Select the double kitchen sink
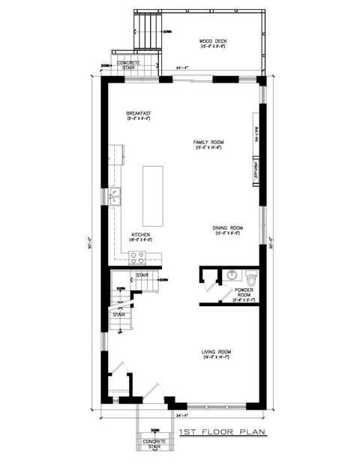coord(115,197)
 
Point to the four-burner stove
coord(137,257)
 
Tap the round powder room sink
coord(232,275)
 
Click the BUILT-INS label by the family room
coord(256,133)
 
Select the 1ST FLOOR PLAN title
coord(222,431)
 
